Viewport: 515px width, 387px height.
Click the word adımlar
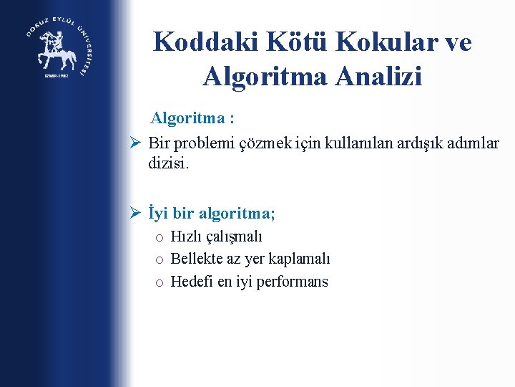coord(471,143)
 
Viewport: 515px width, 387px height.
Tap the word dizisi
coord(169,163)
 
